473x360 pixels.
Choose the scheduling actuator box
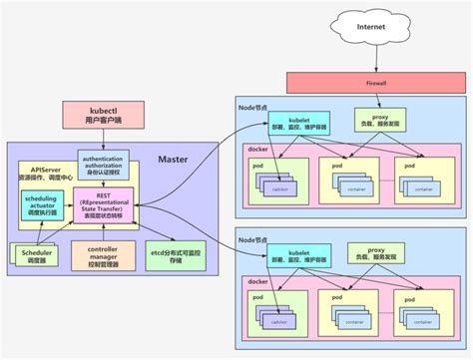(40, 204)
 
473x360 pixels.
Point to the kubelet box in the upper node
(290, 121)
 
